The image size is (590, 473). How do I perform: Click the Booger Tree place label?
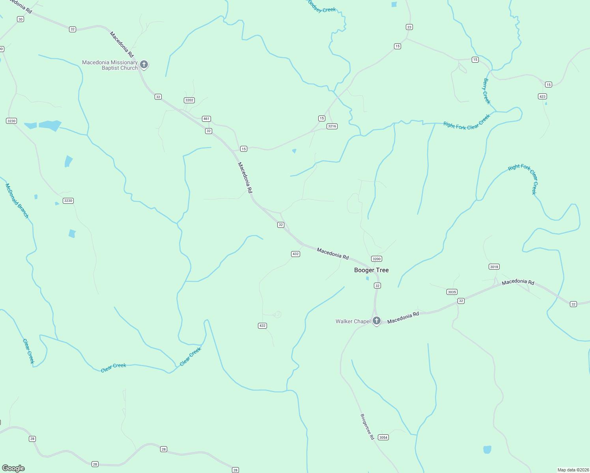371,270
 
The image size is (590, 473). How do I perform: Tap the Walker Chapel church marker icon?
377,321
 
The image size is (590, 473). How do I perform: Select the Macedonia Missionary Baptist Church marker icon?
144,65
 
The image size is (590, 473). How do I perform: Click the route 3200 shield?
377,259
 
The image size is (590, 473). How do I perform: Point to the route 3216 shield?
332,126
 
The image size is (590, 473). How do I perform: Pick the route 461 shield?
206,119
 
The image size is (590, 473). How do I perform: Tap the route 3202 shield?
189,100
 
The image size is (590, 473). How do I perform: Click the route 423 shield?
542,97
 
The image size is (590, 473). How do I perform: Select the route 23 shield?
409,27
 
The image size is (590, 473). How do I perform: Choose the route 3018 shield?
494,267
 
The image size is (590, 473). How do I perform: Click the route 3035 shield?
452,292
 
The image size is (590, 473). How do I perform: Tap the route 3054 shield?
383,438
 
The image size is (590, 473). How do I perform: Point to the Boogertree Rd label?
367,426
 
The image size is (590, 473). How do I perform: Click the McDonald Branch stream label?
17,201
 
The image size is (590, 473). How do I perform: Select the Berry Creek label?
487,91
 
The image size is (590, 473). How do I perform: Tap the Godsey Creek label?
322,7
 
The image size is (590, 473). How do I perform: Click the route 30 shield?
21,19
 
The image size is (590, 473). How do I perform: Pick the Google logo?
13,468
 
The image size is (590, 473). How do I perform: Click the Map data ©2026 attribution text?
573,470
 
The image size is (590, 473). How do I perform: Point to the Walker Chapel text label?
353,321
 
